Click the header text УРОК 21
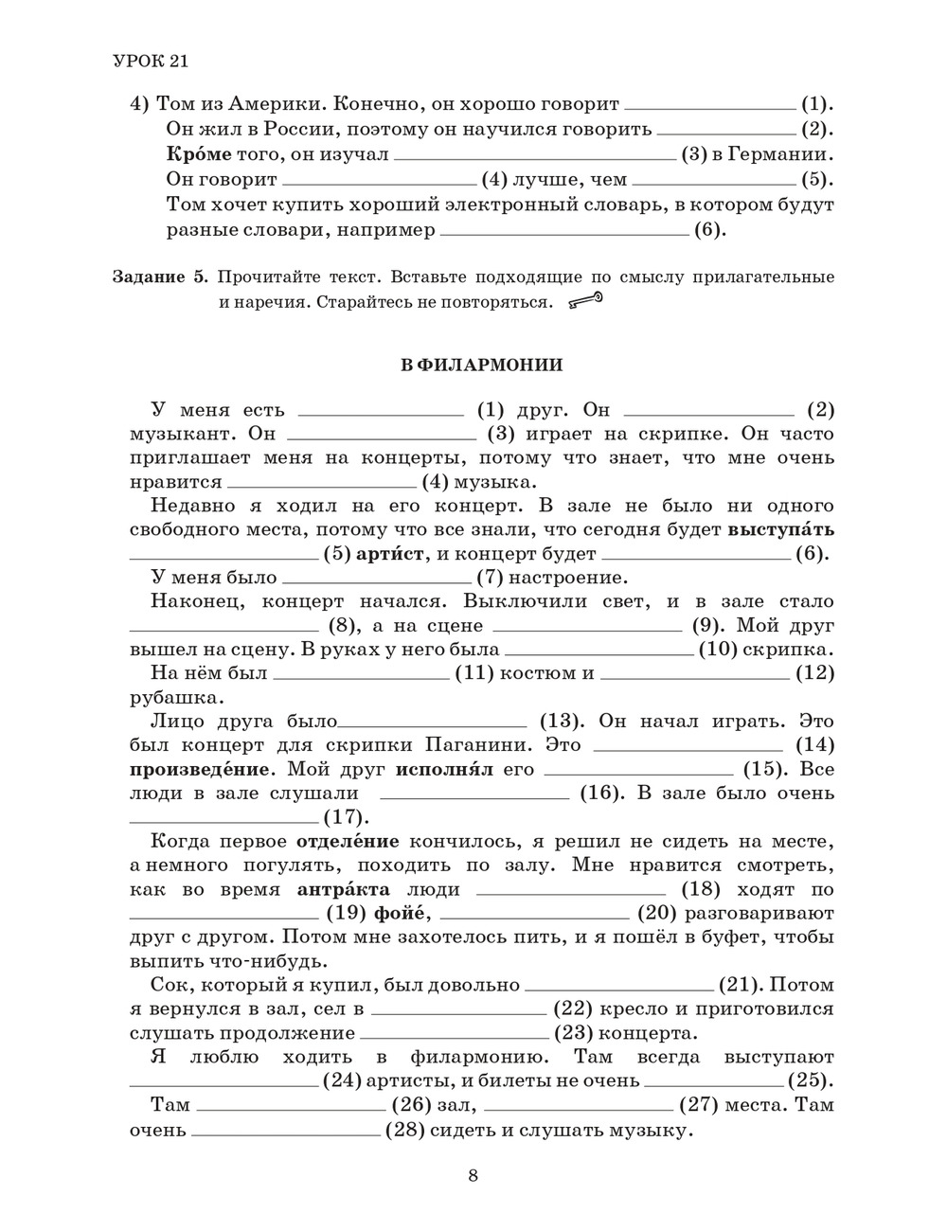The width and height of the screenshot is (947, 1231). [151, 62]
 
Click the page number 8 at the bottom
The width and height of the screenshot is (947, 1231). [473, 1176]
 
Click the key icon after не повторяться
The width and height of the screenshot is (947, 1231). [585, 302]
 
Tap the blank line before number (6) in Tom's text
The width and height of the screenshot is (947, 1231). [564, 231]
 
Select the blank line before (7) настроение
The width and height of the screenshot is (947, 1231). [376, 578]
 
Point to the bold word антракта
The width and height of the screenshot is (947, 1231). [343, 890]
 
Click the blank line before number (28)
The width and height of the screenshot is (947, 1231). [287, 1130]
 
